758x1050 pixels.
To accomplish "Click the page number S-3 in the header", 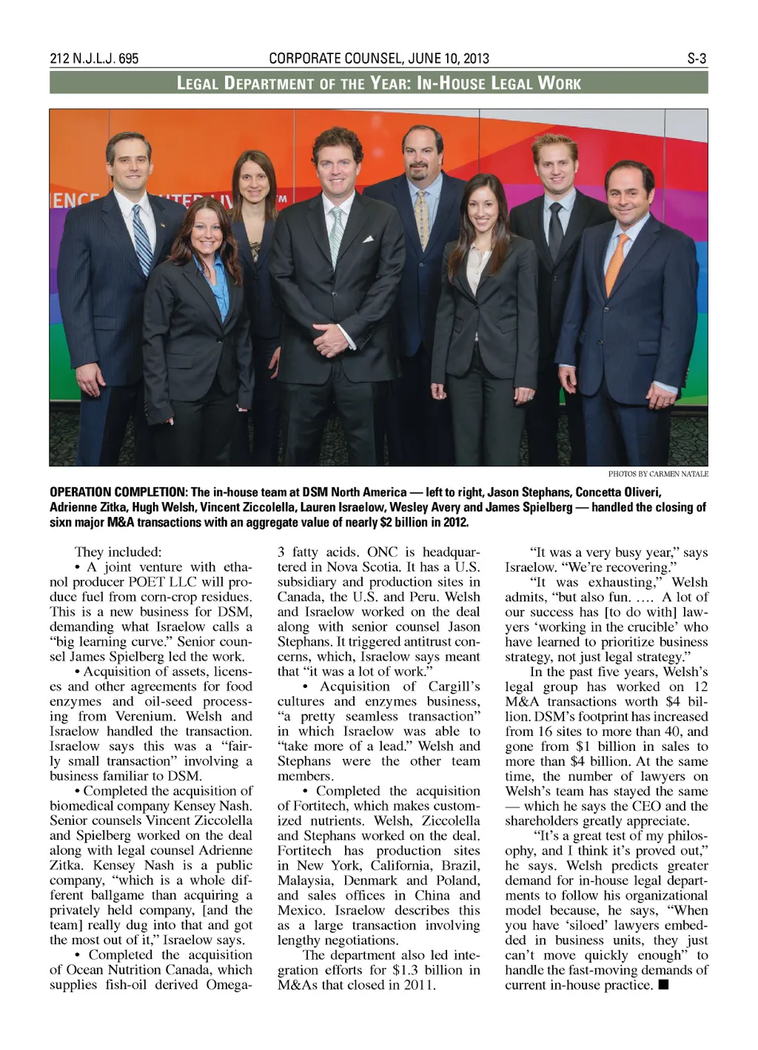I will click(697, 58).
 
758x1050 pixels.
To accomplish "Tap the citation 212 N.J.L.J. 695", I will click(94, 58).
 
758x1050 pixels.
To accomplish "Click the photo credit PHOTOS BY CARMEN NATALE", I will click(657, 473).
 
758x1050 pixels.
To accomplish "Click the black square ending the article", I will click(663, 985).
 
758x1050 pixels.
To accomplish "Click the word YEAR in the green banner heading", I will click(387, 83).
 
